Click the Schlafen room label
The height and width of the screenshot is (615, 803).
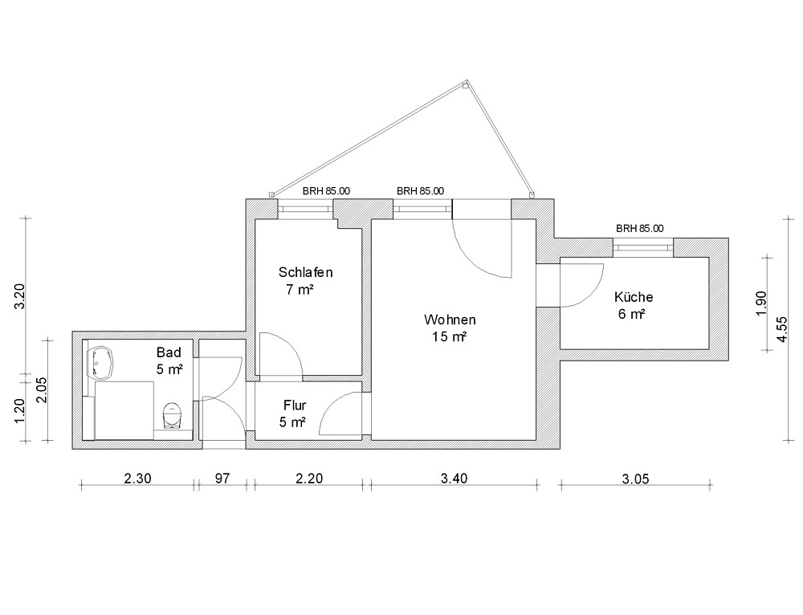click(x=305, y=272)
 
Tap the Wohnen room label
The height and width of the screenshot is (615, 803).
click(x=450, y=320)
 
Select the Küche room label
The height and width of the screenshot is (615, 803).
click(x=634, y=297)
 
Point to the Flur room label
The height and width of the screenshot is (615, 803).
click(x=295, y=405)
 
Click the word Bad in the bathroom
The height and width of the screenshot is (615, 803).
click(x=169, y=352)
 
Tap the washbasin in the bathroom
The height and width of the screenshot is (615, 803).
click(x=100, y=363)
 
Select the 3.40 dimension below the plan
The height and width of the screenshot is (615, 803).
click(x=454, y=479)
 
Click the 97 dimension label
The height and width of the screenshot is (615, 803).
click(x=222, y=479)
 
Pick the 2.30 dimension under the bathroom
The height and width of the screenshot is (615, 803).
click(x=137, y=479)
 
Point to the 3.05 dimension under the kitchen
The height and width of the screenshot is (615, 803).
click(x=635, y=479)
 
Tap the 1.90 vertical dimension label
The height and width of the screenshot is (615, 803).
click(x=761, y=303)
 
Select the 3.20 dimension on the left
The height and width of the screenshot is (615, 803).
click(x=19, y=296)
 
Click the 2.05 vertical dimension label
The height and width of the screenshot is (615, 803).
click(x=42, y=389)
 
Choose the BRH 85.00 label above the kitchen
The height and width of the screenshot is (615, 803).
click(x=640, y=228)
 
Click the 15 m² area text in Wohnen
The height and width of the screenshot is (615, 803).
click(x=449, y=337)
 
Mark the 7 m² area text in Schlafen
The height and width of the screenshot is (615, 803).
click(x=300, y=290)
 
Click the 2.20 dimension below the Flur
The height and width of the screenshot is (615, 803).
click(x=309, y=479)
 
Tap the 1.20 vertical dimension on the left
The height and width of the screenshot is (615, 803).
click(x=19, y=411)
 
